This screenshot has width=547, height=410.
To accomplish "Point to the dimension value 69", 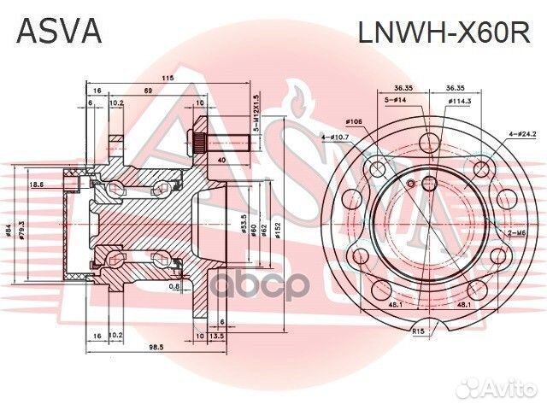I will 148,90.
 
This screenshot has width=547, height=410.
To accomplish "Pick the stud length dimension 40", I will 222,160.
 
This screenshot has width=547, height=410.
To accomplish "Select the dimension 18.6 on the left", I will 36,184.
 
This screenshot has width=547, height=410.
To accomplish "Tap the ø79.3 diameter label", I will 33,228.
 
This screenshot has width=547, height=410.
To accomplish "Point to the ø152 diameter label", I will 278,228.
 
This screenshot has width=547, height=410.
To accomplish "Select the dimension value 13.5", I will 217,337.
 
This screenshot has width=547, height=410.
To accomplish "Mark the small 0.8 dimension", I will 174,287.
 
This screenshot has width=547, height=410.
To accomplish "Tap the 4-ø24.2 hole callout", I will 522,134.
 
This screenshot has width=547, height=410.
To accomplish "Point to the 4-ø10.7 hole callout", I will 334,136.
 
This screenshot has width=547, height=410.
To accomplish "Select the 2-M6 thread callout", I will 517,233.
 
